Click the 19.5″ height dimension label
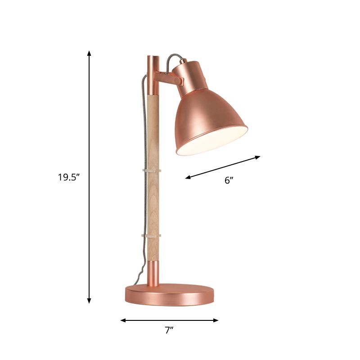pos(68,177)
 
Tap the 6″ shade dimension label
pos(229,181)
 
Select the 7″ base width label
pos(169,330)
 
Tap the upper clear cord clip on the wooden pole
pos(152,171)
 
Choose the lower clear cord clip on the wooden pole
pos(152,235)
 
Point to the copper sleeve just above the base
pos(153,273)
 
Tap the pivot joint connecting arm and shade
pos(180,81)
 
